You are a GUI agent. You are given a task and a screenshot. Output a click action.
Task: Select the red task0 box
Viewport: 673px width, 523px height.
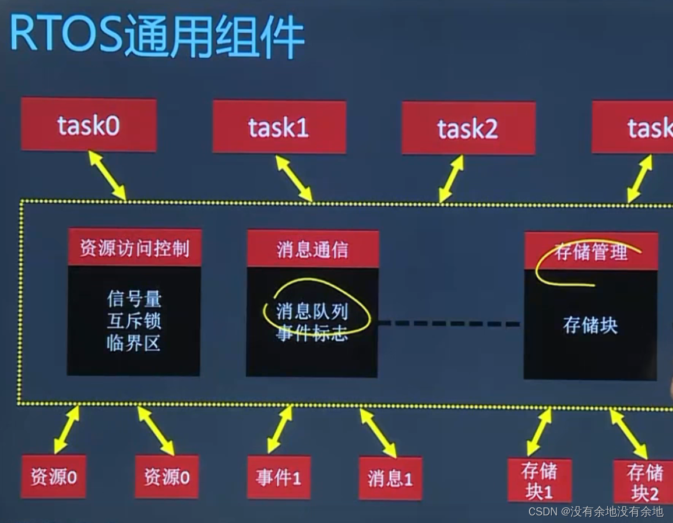point(89,125)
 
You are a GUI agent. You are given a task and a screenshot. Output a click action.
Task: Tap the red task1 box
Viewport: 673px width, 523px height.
point(279,127)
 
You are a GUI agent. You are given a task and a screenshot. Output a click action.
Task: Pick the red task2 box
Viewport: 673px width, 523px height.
point(468,128)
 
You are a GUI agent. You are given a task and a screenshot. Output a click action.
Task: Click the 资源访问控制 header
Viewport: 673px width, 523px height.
point(135,248)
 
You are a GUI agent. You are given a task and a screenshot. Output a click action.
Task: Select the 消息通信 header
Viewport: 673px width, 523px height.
point(313,249)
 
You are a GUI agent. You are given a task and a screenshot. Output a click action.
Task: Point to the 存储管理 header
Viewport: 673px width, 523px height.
point(591,252)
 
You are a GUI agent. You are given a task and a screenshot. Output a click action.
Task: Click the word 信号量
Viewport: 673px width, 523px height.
point(134,299)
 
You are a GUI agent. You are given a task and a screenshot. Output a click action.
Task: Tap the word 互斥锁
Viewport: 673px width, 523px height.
point(134,321)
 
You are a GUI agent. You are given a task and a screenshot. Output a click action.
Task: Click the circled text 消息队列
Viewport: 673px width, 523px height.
point(312,312)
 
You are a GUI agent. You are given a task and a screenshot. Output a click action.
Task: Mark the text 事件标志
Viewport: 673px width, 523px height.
point(312,334)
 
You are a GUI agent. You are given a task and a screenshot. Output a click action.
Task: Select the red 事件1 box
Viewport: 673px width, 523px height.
point(279,478)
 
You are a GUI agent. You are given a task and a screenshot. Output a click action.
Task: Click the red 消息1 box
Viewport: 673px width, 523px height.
point(390,479)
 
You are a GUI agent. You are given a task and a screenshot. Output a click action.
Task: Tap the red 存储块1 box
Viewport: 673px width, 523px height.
point(540,480)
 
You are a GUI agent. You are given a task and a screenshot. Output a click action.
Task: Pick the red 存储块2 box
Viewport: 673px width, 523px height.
point(644,482)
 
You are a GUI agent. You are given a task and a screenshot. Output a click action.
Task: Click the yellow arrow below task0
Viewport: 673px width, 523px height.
point(107,175)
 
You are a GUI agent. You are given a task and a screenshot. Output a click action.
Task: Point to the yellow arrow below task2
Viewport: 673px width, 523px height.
point(452,178)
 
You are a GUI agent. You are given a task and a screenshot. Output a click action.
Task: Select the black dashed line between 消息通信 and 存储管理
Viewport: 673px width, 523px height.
point(449,323)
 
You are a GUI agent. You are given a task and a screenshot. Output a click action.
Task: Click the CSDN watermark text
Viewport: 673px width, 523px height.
point(596,511)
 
